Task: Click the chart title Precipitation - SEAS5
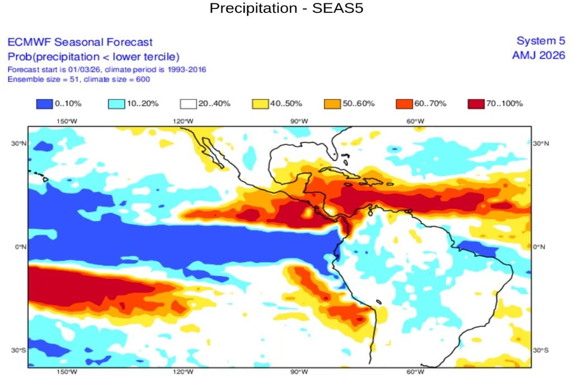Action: (x=286, y=10)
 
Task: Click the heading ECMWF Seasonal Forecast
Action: (x=79, y=42)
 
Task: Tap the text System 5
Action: (x=541, y=41)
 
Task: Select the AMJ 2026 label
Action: (x=538, y=55)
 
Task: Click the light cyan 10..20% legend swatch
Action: (x=116, y=103)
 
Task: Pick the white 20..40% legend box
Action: (x=189, y=103)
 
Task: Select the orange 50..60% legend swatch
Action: (x=333, y=103)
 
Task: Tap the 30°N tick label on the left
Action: (x=18, y=143)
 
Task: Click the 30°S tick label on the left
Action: (x=18, y=350)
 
